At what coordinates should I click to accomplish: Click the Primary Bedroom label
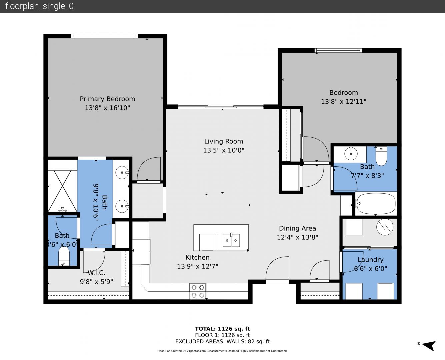click(x=107, y=99)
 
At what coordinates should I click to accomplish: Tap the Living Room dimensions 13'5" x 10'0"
click(x=224, y=150)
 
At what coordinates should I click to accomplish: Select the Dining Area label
click(x=297, y=228)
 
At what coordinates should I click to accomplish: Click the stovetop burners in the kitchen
click(x=198, y=291)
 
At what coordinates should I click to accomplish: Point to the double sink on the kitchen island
click(x=231, y=240)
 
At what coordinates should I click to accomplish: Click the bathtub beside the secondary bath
click(x=376, y=204)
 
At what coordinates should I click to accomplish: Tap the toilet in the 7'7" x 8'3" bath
click(x=381, y=156)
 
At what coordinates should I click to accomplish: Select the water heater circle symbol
click(x=385, y=227)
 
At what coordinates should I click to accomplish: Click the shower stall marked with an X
click(x=62, y=191)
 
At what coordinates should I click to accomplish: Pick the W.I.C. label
click(x=96, y=273)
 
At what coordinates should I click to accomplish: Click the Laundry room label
click(x=370, y=260)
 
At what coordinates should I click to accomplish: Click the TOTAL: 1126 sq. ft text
click(x=222, y=329)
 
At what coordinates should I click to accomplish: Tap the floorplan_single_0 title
click(x=39, y=6)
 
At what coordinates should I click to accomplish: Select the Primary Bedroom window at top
click(x=104, y=36)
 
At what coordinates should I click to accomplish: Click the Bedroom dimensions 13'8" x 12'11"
click(x=343, y=102)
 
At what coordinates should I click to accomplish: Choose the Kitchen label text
click(x=197, y=257)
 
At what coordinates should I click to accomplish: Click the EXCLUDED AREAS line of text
click(x=222, y=342)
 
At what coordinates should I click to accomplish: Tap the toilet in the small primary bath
click(x=64, y=256)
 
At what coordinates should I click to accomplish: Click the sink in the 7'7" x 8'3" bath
click(x=351, y=154)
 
